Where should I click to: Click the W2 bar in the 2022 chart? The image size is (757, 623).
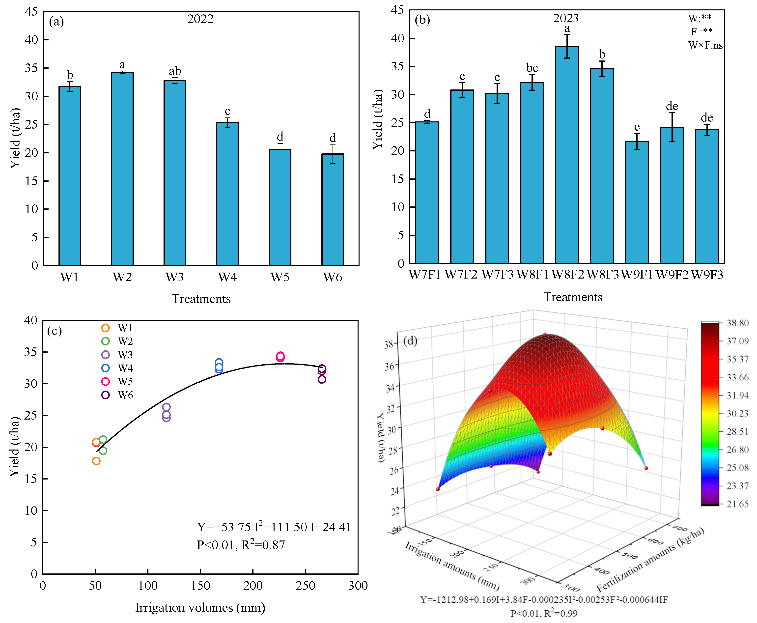tap(122, 169)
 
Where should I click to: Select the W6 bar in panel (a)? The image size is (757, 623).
tap(333, 210)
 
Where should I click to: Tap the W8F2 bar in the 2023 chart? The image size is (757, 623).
tap(567, 155)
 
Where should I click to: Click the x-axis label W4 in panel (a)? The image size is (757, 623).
tap(227, 277)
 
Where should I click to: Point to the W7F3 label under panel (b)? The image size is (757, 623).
tap(497, 275)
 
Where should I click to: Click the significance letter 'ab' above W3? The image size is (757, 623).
tap(175, 71)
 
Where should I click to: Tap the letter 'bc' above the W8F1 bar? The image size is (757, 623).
tap(532, 68)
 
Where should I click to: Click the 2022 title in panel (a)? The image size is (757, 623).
tap(200, 19)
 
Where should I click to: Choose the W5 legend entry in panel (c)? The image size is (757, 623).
tap(117, 381)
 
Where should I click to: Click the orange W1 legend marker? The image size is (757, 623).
tap(106, 328)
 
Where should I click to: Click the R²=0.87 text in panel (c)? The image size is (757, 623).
tap(263, 544)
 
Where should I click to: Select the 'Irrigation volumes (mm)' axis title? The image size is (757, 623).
tap(200, 608)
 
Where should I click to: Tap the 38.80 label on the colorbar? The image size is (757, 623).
tap(738, 323)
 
